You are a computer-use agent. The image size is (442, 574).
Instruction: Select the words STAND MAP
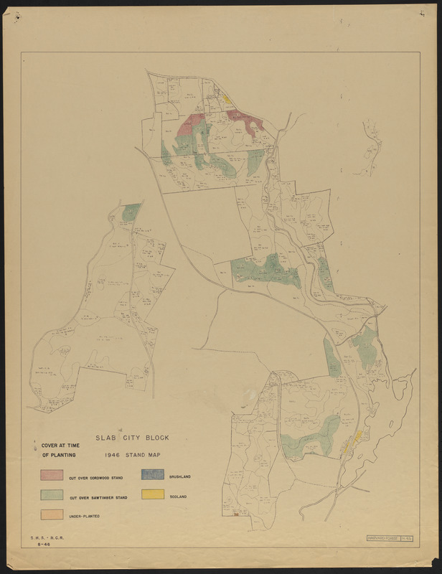(144, 455)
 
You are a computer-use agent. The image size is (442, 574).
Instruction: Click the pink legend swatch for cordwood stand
(52, 475)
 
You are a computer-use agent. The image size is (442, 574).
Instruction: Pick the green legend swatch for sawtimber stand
(52, 495)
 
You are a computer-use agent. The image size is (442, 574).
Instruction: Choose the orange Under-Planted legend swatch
(52, 514)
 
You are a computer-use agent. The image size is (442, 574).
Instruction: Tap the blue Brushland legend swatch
(153, 475)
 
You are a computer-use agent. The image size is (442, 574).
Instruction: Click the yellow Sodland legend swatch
(153, 494)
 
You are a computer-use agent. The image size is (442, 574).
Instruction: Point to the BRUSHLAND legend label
(180, 476)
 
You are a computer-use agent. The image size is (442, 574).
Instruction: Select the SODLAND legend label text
(179, 496)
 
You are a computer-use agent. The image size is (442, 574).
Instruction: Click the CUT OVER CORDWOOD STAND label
(95, 477)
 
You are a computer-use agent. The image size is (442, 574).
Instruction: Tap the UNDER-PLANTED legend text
(84, 517)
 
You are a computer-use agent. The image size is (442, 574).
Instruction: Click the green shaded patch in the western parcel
(131, 212)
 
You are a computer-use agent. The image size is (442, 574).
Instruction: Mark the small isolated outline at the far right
(372, 147)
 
